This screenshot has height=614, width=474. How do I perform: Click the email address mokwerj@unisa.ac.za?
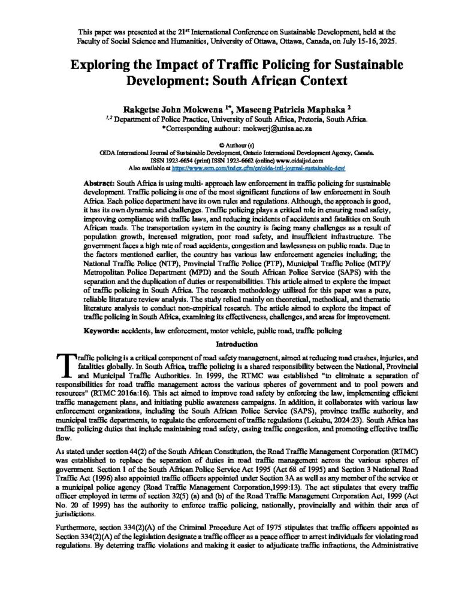click(x=280, y=128)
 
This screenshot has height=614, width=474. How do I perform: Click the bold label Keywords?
click(x=101, y=330)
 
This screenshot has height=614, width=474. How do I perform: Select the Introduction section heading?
click(x=236, y=344)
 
